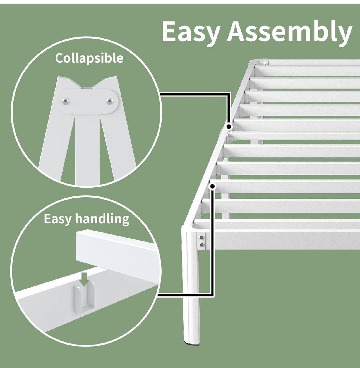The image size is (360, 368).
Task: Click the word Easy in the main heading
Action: tap(192, 32)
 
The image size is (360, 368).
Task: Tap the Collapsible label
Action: tap(89, 58)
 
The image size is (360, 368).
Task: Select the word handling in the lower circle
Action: tap(102, 219)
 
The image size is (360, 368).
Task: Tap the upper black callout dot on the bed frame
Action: tap(229, 126)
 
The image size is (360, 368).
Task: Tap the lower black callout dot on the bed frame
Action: tap(213, 186)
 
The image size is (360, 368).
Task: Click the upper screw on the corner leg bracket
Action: tap(201, 238)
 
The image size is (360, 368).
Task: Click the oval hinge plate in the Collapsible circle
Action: tap(88, 101)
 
